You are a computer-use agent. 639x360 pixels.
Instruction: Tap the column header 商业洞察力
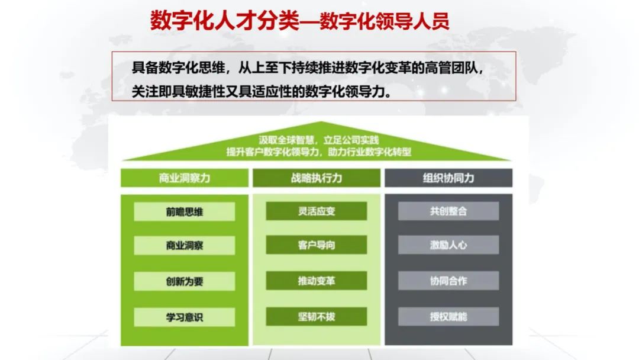pos(185,178)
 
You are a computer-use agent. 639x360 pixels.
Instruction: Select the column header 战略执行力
pos(317,178)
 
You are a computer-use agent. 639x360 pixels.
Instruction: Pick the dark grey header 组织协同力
pos(448,178)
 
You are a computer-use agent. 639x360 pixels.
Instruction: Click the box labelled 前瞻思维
pos(185,211)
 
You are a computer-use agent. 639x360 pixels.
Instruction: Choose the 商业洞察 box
pos(185,246)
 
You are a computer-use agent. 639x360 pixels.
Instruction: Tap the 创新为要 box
pos(185,281)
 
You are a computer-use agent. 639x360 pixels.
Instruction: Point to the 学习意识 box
pos(185,317)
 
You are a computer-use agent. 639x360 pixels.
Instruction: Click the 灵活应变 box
pos(317,211)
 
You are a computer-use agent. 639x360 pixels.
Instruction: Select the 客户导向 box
pos(317,245)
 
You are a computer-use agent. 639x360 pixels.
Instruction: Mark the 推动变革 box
pos(317,281)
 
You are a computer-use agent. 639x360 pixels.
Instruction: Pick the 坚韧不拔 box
pos(317,317)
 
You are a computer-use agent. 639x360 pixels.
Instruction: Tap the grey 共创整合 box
pos(448,211)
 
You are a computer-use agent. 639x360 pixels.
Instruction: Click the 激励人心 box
pos(448,245)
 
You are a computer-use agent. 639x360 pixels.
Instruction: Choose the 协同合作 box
pos(448,281)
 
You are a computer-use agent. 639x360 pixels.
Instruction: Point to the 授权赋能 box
pos(448,317)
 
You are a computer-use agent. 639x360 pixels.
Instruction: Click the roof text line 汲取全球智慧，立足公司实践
pos(319,140)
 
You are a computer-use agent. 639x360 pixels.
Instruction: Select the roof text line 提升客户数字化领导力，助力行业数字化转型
pos(319,152)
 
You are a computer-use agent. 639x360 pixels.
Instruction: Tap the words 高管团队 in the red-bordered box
pos(450,67)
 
